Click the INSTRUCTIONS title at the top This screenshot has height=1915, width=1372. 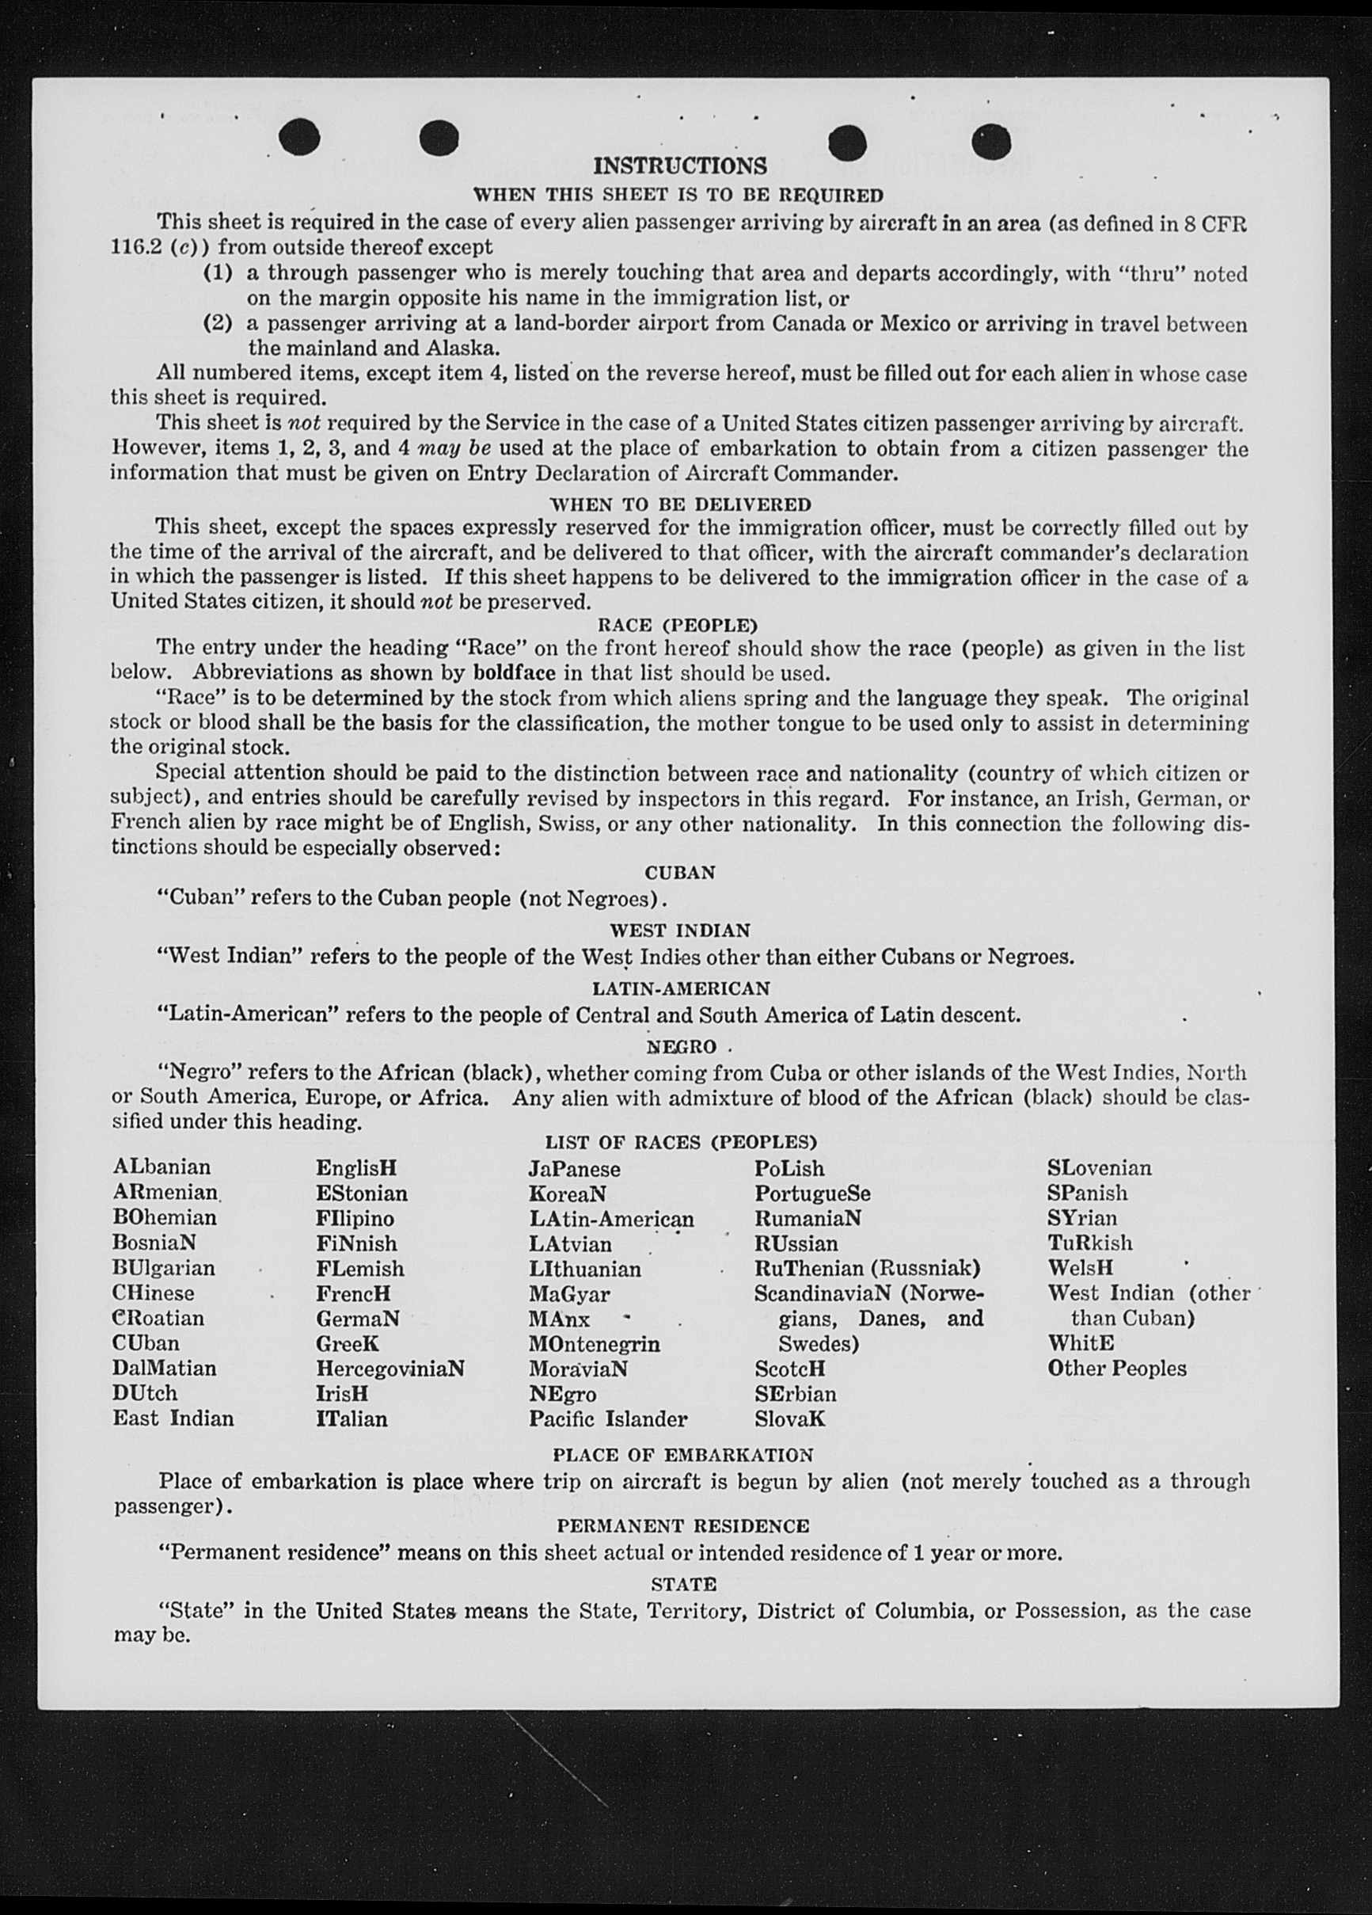680,166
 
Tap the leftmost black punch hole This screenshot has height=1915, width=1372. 299,139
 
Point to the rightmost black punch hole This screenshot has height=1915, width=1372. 990,141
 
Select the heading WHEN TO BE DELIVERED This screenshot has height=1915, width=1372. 680,505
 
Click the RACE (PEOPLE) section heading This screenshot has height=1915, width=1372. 678,626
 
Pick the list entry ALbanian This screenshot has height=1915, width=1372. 162,1167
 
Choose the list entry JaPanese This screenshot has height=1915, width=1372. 574,1170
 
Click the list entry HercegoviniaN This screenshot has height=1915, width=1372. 390,1368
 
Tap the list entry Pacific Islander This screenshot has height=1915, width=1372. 608,1418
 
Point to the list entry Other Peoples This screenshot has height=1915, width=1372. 1116,1368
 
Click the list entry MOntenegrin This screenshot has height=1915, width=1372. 595,1343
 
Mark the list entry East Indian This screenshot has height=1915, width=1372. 173,1418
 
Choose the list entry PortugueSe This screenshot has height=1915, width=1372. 811,1194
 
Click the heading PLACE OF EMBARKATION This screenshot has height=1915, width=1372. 682,1455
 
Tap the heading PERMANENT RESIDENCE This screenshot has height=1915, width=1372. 682,1526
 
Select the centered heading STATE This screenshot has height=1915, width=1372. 684,1584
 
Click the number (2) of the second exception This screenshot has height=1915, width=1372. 217,323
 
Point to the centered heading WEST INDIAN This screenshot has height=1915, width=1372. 680,931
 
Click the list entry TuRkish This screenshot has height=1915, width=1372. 1089,1243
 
